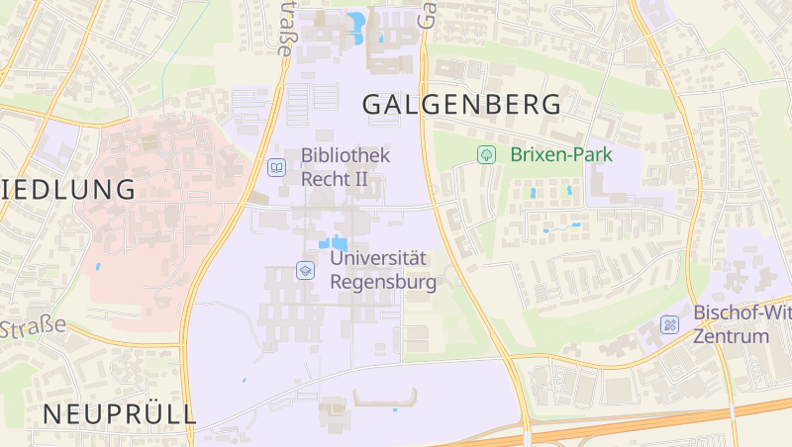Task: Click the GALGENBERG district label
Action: [x=462, y=104]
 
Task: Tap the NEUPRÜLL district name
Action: [x=119, y=413]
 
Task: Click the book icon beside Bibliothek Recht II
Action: [x=276, y=167]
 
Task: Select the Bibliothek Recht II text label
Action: [x=345, y=167]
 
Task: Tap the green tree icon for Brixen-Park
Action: [x=486, y=154]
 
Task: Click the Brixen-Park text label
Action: [x=561, y=154]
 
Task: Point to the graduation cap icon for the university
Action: [x=306, y=270]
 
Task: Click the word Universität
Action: [x=378, y=258]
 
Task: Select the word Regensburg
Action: [x=382, y=282]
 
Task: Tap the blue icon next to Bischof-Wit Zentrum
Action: [x=671, y=324]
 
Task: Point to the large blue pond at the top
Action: [x=355, y=23]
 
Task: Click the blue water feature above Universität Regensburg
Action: [x=334, y=243]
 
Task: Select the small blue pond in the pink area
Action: [x=98, y=266]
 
